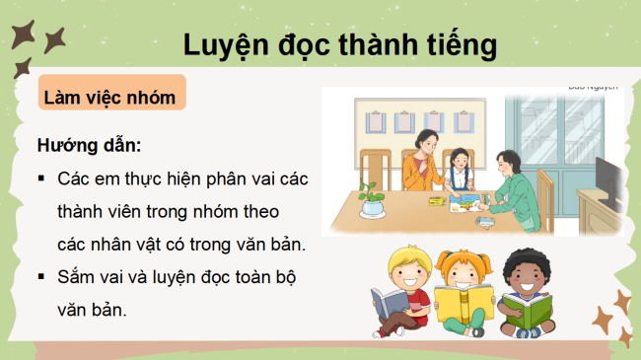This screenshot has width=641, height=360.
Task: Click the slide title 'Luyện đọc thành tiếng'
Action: tap(339, 44)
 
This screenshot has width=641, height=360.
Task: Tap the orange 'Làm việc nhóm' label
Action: tap(109, 98)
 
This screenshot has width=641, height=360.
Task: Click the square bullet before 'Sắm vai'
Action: tap(41, 277)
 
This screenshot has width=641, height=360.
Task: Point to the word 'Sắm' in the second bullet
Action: tap(77, 277)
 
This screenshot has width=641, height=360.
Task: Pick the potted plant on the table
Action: tap(372, 200)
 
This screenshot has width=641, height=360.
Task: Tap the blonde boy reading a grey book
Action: tap(398, 285)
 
